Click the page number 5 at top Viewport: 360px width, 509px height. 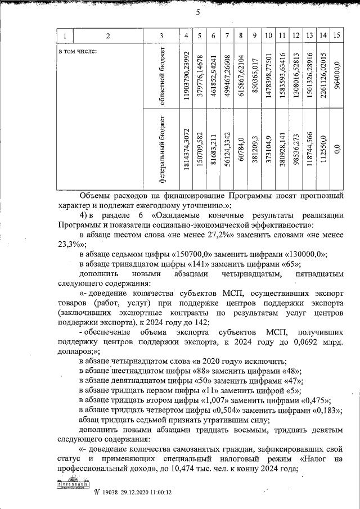pos(198,13)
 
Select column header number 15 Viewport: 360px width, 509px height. pos(336,37)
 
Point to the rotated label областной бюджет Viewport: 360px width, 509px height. pos(161,76)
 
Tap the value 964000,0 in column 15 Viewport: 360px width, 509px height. pos(336,69)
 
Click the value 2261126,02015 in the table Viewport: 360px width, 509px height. pos(322,77)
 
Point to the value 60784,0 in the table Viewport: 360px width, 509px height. pos(240,150)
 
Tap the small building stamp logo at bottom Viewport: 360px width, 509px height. pos(73,485)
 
